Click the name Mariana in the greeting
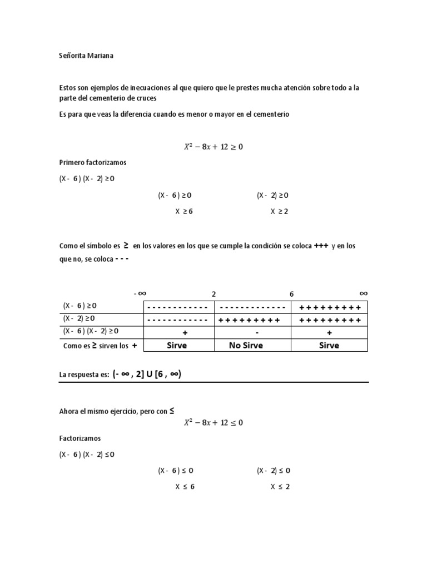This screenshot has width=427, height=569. tap(99, 56)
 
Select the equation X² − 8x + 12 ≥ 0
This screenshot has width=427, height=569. tap(213, 147)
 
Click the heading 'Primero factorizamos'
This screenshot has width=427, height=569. tap(93, 163)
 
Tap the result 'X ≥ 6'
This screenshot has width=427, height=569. tap(184, 211)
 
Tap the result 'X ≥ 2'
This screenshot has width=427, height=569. tap(280, 211)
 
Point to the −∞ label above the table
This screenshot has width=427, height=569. tap(140, 293)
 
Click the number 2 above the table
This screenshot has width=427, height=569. tap(213, 293)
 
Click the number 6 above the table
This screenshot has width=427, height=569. tap(291, 293)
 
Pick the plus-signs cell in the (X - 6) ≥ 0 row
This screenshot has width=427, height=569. tap(330, 307)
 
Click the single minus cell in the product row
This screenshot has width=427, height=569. tap(257, 332)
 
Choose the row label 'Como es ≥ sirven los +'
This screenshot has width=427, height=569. tap(99, 345)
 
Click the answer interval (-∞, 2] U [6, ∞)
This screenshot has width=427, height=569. tap(147, 375)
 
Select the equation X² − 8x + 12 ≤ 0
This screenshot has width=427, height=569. tap(213, 422)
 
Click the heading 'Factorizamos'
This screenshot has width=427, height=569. tap(80, 438)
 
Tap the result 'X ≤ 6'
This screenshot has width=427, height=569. tap(184, 487)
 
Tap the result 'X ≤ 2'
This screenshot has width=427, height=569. tap(280, 487)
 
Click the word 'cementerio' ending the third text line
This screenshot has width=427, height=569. tap(271, 114)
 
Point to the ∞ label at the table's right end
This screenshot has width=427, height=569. tap(363, 293)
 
